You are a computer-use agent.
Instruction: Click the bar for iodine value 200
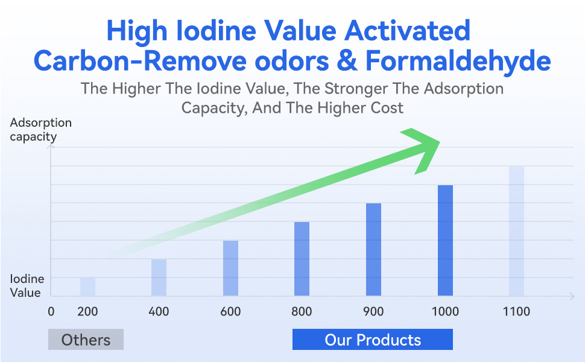pos(87,287)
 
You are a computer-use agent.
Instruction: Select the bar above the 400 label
pos(159,278)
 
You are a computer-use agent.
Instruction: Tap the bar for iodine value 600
pos(230,268)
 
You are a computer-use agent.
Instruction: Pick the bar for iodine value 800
pos(302,259)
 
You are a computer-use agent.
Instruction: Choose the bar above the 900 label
pos(373,250)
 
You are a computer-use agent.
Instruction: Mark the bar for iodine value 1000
pos(445,240)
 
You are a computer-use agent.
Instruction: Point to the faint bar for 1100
pos(516,231)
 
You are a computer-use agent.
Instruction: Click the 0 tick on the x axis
pos(51,311)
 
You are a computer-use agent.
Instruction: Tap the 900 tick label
pos(373,311)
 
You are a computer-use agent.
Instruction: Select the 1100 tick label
pos(516,311)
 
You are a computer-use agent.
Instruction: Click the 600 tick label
pos(230,311)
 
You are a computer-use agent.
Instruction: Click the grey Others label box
pos(86,339)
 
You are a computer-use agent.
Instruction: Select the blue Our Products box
pos(373,339)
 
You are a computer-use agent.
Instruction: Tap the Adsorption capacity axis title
pos(40,129)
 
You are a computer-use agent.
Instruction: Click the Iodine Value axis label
pos(27,285)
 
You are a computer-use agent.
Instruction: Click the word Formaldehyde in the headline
pos(458,61)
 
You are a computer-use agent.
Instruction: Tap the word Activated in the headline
pos(407,31)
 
